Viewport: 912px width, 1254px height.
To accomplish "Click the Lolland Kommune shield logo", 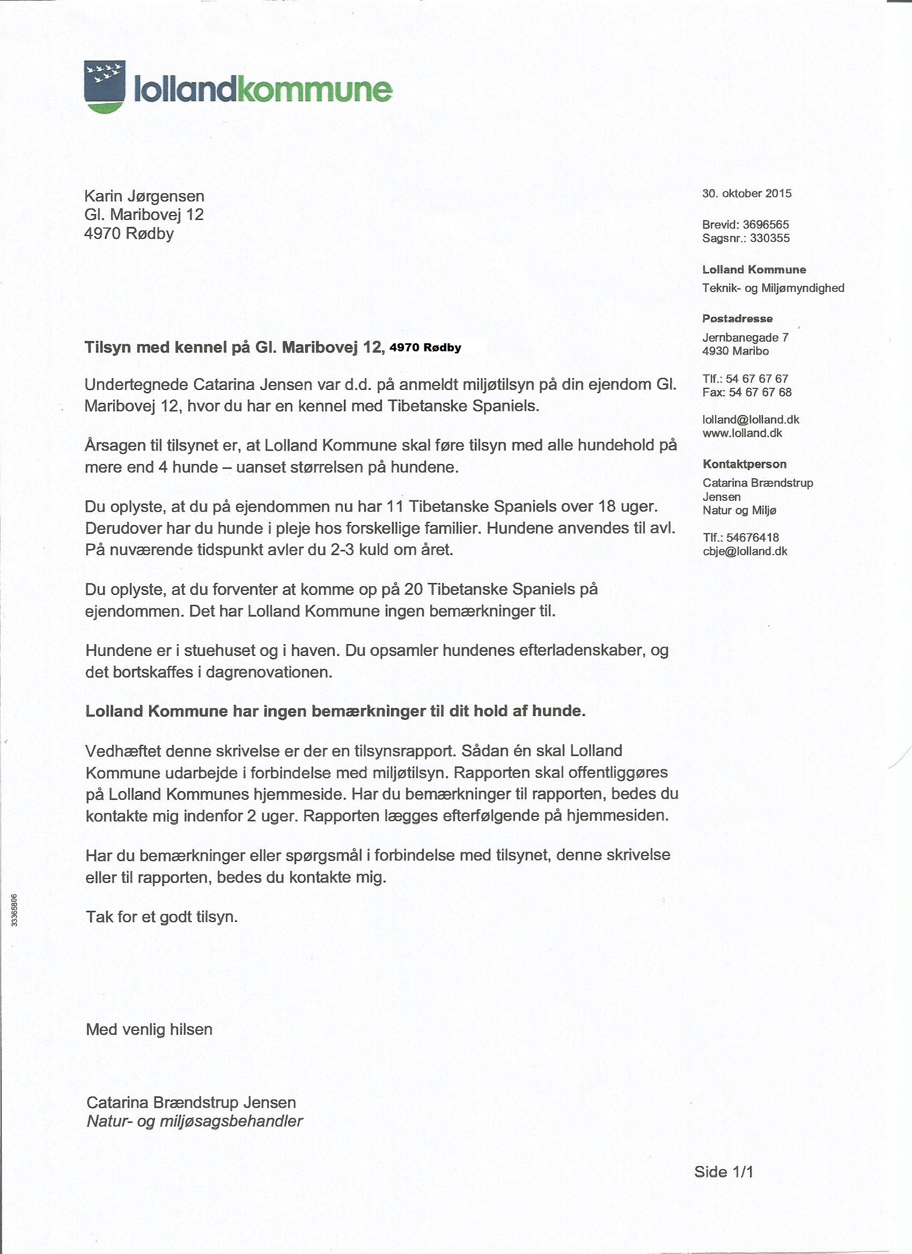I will click(105, 86).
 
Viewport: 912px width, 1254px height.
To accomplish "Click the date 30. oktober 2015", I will click(747, 194).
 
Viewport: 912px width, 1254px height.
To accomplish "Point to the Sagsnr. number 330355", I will click(770, 238).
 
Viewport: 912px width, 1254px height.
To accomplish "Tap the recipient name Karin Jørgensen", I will click(144, 196).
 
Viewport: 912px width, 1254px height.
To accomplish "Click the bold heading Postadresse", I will click(737, 319).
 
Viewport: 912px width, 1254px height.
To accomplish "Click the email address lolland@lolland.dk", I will click(751, 419).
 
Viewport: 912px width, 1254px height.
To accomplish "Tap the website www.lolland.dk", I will click(742, 433).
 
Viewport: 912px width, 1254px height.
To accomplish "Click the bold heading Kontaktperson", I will click(744, 464).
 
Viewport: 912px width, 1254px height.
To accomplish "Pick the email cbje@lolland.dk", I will click(745, 551).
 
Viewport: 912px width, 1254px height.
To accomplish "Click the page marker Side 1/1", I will click(723, 1171).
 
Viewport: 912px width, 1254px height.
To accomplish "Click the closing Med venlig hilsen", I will click(149, 1029).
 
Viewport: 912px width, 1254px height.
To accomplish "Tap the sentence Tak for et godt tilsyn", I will click(161, 917).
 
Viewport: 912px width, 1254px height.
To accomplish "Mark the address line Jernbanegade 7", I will click(745, 337).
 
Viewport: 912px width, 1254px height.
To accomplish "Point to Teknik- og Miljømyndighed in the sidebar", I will click(773, 287).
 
